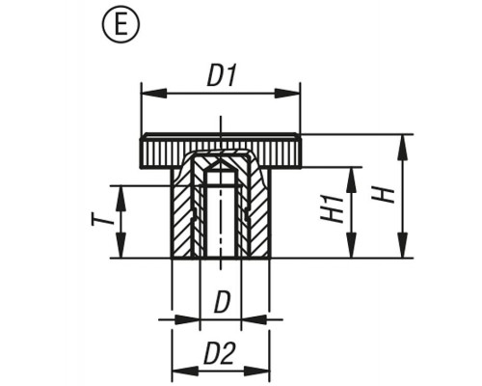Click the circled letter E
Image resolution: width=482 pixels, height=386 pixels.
[121, 26]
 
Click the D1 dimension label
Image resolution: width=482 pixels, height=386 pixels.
[222, 76]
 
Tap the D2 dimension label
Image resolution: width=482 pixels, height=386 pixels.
[219, 354]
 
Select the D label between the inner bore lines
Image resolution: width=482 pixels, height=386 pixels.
[223, 302]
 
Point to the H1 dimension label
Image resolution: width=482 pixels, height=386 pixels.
[332, 209]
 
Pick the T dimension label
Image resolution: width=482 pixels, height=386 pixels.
[103, 221]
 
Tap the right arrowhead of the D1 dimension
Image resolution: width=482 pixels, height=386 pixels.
[286, 94]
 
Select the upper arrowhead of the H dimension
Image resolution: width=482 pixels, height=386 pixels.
[403, 148]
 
